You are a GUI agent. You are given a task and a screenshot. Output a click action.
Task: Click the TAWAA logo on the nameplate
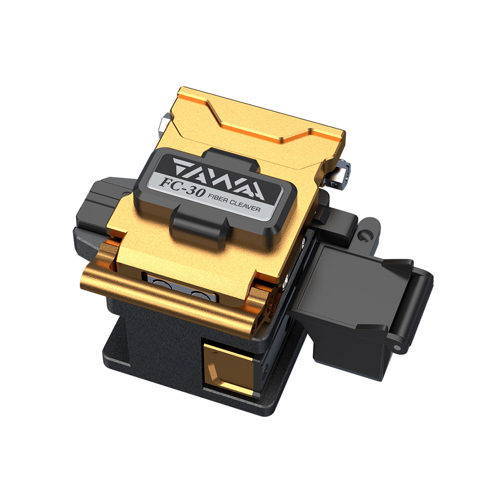click(x=219, y=179)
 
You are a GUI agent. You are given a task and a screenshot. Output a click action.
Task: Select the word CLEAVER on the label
click(x=245, y=206)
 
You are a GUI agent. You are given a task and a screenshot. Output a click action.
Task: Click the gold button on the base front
click(x=228, y=369)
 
